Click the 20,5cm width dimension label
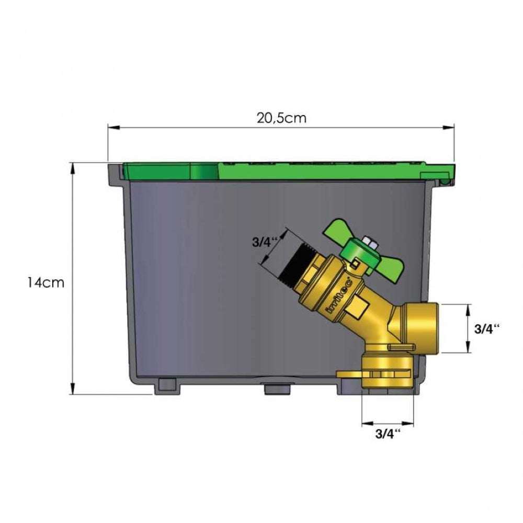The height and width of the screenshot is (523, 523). point(281,118)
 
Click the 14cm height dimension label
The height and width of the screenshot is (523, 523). point(46,282)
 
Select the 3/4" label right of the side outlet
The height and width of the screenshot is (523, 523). point(487,329)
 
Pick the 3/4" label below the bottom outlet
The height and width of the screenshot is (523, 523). point(388,434)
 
